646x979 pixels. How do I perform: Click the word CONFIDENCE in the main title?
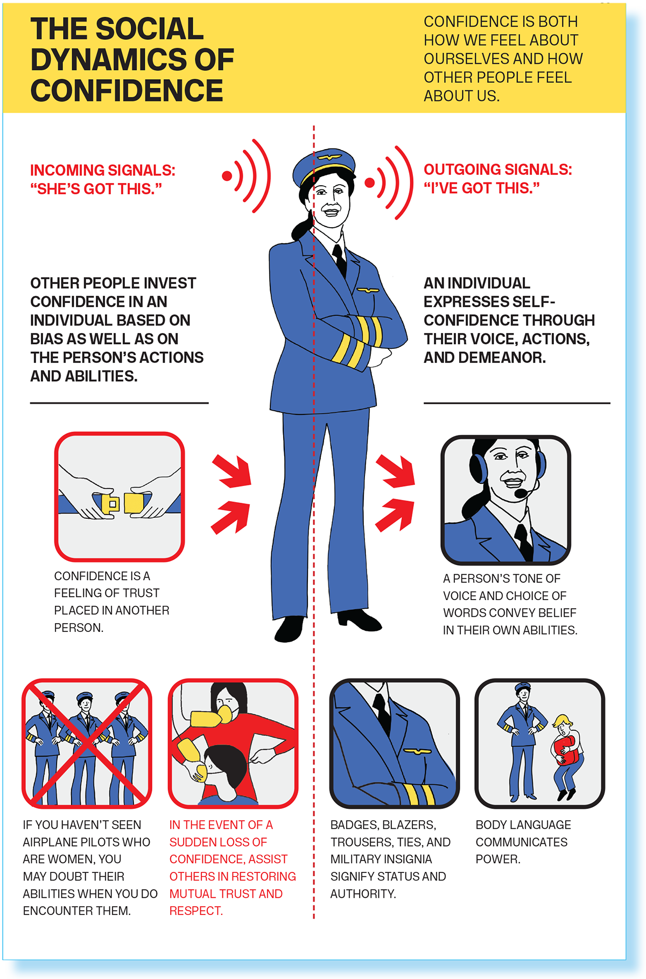127,90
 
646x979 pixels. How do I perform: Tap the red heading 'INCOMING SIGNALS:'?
103,171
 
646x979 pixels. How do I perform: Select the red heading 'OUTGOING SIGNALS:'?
498,170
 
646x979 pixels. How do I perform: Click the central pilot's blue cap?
324,165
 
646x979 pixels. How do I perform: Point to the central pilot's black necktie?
340,260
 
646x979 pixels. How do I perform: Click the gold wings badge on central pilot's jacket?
367,290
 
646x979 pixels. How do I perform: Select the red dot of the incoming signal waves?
227,175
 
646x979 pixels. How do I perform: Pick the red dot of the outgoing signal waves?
369,182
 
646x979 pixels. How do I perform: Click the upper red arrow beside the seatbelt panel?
233,470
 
